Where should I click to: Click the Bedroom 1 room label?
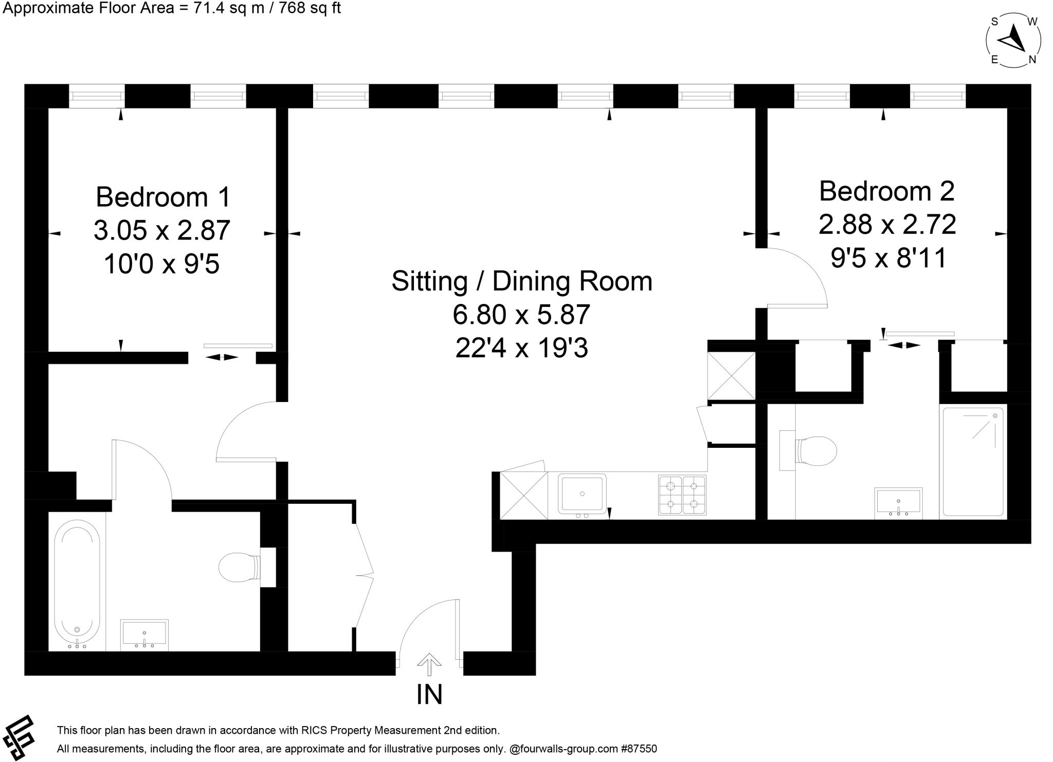163,197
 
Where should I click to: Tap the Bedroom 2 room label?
886,191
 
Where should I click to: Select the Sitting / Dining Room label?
521,281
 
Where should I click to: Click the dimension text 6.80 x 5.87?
521,315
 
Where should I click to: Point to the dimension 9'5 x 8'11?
888,258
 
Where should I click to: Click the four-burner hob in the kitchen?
682,495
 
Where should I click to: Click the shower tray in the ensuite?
973,461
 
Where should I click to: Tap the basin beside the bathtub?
144,634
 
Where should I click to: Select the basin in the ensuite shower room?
898,502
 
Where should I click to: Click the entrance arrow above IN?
429,664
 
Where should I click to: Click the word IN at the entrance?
429,694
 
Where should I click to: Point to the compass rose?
1013,41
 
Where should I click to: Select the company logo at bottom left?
20,737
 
